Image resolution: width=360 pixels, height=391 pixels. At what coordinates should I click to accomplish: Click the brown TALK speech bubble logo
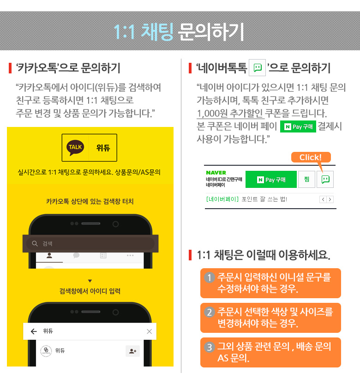click(75, 148)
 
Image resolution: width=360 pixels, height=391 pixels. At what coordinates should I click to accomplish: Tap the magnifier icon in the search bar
click(35, 243)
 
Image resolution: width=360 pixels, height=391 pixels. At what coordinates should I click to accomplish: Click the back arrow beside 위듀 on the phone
click(34, 331)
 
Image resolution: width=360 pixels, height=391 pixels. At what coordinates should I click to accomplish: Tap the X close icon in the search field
click(150, 331)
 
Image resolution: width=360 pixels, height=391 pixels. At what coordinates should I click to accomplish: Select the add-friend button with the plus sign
click(132, 351)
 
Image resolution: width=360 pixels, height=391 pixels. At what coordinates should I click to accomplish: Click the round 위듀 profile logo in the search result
click(46, 351)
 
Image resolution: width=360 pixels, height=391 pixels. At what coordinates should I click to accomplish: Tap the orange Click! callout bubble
click(311, 157)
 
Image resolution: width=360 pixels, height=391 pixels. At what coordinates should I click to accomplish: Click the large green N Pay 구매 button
click(271, 179)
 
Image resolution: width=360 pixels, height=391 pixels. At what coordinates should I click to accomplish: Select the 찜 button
click(306, 179)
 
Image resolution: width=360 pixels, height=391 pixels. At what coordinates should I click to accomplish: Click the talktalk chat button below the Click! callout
click(325, 179)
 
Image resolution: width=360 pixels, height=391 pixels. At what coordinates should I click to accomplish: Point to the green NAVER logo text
click(216, 173)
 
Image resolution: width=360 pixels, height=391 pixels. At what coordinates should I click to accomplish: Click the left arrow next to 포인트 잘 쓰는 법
click(323, 199)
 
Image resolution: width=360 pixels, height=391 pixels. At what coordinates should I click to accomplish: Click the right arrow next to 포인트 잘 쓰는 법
click(330, 199)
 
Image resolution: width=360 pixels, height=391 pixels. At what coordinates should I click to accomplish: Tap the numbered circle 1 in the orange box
click(210, 277)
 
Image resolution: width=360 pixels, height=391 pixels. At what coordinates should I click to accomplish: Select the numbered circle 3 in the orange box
click(210, 347)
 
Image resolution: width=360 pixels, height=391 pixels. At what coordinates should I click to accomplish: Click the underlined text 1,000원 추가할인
click(229, 114)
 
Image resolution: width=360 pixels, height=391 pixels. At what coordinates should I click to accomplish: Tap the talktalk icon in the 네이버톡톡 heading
click(257, 67)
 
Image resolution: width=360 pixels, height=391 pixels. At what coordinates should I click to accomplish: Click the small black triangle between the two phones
click(90, 281)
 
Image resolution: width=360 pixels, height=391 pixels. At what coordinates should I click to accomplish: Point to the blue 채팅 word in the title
click(157, 32)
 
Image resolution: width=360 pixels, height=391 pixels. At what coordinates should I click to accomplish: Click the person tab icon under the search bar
click(49, 255)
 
